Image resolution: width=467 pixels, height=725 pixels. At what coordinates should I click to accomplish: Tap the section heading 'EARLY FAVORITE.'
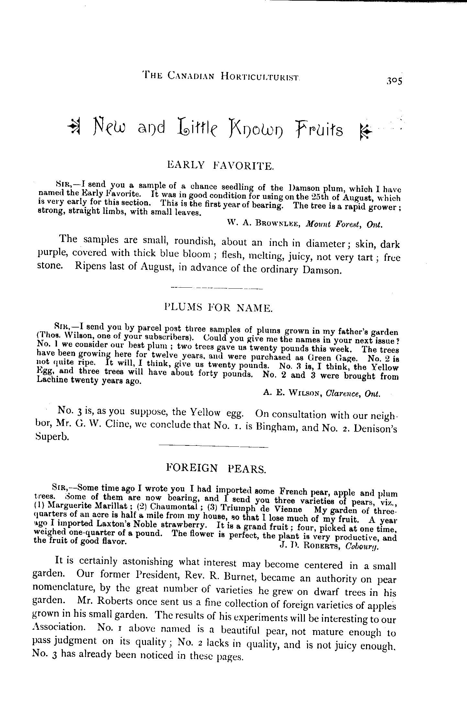point(220,166)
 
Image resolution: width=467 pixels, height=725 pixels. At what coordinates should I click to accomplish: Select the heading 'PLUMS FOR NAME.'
point(218,307)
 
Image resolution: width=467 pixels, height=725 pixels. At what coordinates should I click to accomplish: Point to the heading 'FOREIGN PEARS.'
point(216,468)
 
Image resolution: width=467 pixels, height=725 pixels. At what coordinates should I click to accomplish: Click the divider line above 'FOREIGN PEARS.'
point(214,447)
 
